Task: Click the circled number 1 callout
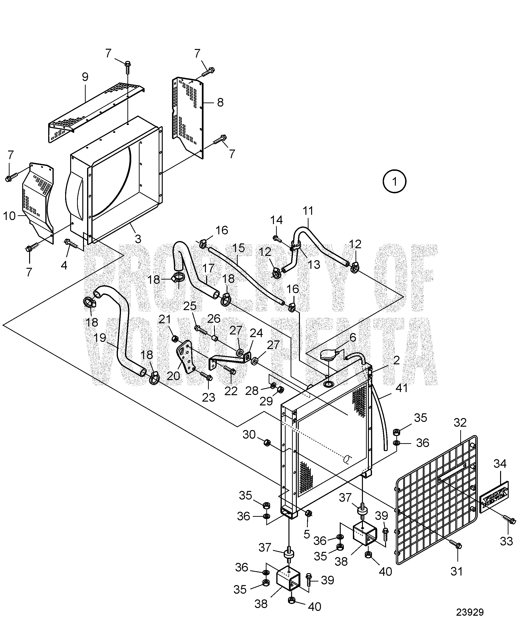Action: (394, 181)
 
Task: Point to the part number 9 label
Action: (85, 77)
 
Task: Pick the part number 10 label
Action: (9, 216)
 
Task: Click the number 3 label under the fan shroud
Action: (138, 239)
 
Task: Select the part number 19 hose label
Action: (100, 338)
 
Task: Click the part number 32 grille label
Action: (460, 423)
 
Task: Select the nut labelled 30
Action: (267, 443)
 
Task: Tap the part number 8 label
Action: (220, 102)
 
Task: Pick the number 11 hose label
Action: (308, 211)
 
